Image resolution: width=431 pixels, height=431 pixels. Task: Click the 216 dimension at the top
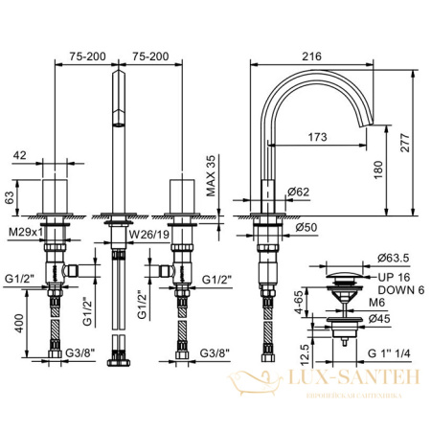click(x=312, y=57)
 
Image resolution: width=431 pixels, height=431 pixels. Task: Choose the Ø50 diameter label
click(x=306, y=226)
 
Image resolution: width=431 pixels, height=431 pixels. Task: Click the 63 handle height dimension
click(x=11, y=197)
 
